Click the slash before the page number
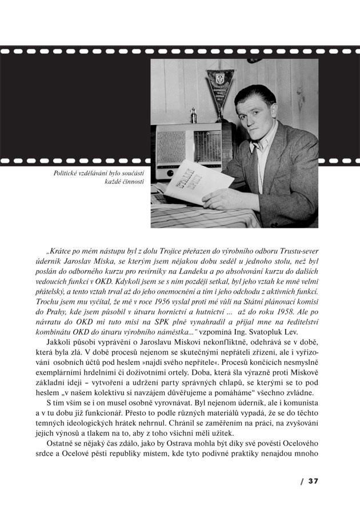pyautogui.click(x=301, y=481)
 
